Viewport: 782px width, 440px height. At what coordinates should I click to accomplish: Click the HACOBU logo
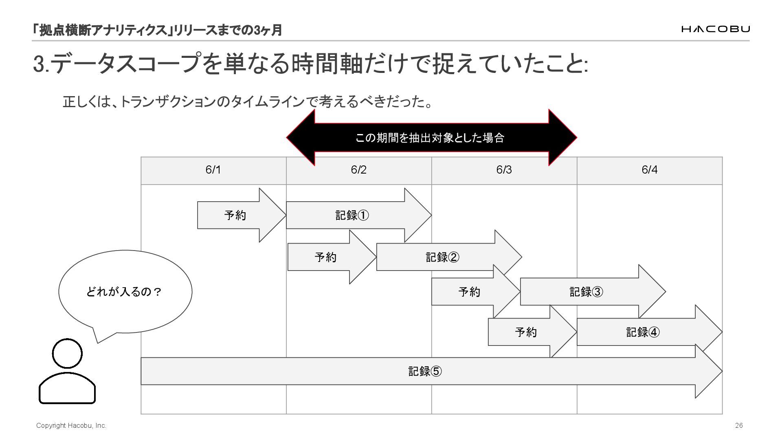point(715,29)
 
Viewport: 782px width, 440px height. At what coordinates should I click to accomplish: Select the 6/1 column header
point(213,170)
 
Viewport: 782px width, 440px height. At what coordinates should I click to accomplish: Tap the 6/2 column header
point(358,170)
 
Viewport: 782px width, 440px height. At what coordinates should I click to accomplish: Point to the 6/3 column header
point(504,170)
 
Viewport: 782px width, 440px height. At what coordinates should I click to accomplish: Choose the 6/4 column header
point(649,170)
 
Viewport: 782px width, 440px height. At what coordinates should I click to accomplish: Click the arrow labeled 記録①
point(352,215)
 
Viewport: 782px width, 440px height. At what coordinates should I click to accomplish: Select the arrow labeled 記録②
point(442,257)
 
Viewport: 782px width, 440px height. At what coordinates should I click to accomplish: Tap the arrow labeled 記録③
point(586,292)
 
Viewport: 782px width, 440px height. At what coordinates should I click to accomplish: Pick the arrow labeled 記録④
point(643,332)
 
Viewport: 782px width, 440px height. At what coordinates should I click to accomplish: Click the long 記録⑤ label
point(425,371)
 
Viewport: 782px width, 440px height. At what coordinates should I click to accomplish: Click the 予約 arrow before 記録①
point(235,215)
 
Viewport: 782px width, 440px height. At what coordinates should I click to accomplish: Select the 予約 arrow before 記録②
point(325,257)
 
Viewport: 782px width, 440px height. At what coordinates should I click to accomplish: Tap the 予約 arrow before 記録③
point(469,292)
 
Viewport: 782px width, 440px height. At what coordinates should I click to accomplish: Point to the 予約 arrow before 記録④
point(526,332)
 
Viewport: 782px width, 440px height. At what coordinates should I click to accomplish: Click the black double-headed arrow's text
point(430,138)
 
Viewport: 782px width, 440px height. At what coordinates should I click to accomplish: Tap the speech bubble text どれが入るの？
point(124,292)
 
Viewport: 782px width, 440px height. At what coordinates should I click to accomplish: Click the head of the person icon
point(67,353)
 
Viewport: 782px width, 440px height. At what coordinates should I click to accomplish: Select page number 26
point(739,425)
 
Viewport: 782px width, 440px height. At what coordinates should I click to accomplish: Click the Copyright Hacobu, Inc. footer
point(71,425)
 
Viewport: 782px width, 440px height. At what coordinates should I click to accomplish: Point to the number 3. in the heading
point(41,64)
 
